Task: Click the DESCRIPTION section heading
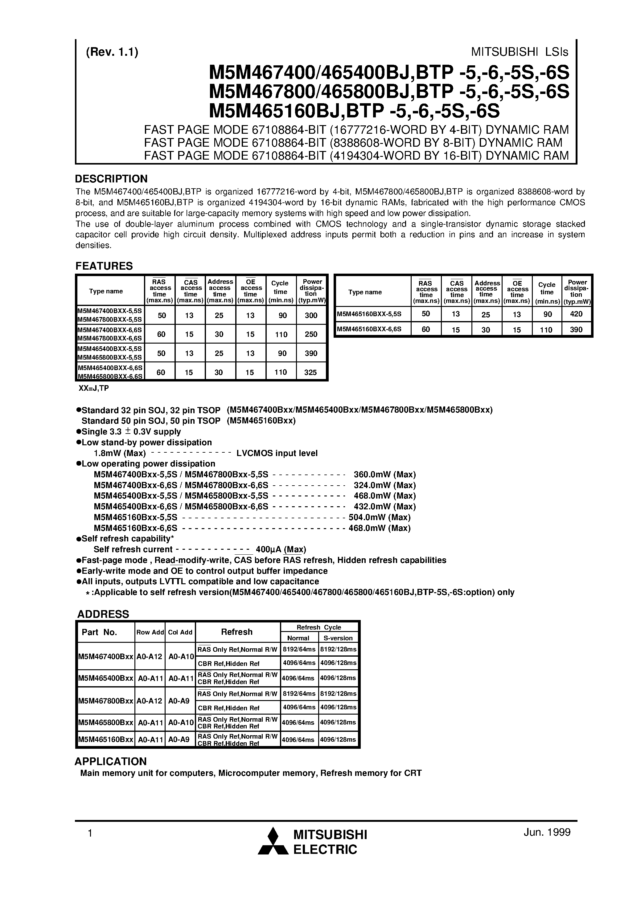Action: click(111, 179)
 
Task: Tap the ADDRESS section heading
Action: click(103, 614)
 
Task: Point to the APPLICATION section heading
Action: click(110, 761)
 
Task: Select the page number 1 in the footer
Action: click(90, 833)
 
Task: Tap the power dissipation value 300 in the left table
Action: click(311, 315)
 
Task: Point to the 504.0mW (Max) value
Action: click(379, 517)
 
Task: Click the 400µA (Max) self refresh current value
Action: click(280, 549)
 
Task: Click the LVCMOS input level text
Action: click(277, 453)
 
